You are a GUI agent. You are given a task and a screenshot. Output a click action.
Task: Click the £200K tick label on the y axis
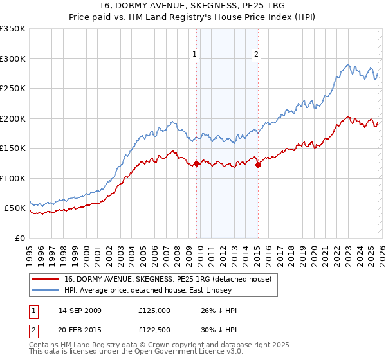[x=13, y=118]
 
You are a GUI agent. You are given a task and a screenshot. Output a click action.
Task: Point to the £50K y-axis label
[x=15, y=208]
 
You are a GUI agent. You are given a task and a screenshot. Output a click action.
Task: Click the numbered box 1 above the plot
[x=194, y=55]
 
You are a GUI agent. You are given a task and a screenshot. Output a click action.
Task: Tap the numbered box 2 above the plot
[x=256, y=55]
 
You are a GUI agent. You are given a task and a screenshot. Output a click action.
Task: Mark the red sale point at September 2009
[x=196, y=164]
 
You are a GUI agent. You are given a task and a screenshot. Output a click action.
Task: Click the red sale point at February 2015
[x=258, y=165]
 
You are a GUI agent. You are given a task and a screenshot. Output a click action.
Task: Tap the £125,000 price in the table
[x=154, y=310]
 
